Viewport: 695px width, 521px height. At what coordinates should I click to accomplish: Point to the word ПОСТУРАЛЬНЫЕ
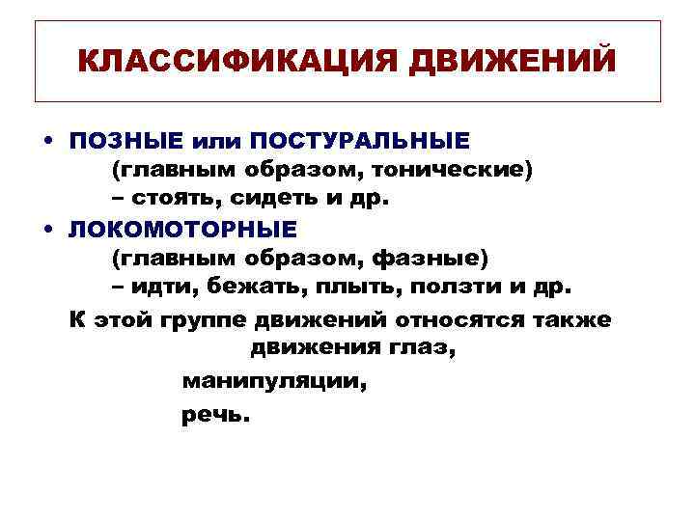[x=360, y=141]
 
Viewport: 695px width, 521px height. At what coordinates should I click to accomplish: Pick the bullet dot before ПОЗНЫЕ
[x=47, y=141]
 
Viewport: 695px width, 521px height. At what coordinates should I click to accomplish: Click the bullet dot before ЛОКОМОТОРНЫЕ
[x=47, y=229]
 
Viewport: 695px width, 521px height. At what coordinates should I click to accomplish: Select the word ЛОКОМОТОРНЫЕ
[x=183, y=229]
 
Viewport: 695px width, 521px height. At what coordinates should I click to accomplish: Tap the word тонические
[x=453, y=170]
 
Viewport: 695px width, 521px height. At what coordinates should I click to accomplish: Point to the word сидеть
[x=285, y=200]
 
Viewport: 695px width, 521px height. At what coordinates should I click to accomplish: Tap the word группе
[x=208, y=318]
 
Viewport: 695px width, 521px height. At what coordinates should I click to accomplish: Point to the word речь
[x=214, y=415]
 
